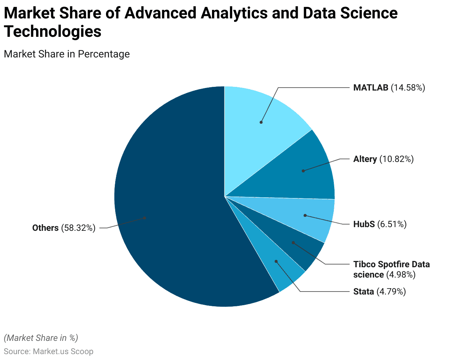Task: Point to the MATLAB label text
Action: pos(371,88)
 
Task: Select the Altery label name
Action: pos(365,159)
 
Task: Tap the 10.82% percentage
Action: pos(396,159)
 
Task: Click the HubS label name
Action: pos(364,224)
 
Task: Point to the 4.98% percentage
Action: pos(401,275)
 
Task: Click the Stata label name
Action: pos(364,292)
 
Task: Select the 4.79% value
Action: pos(391,292)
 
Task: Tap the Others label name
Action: pos(45,228)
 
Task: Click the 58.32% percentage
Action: pos(78,228)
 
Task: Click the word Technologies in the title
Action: pos(53,32)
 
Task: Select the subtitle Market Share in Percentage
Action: pos(67,54)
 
